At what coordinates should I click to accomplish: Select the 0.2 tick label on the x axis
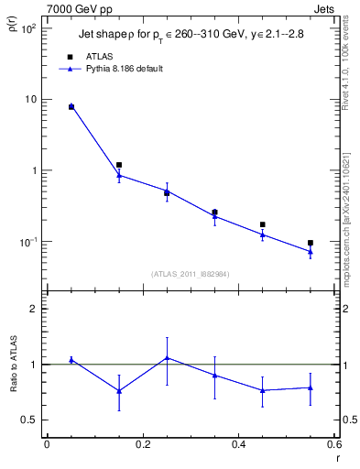pyautogui.click(x=143, y=444)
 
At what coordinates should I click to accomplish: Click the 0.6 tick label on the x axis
pyautogui.click(x=334, y=444)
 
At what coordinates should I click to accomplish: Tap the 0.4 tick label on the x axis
pyautogui.click(x=239, y=444)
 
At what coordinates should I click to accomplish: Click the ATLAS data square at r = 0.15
pyautogui.click(x=119, y=165)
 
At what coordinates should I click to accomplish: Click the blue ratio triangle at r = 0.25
pyautogui.click(x=167, y=358)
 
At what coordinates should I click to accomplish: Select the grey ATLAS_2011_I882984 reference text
pyautogui.click(x=191, y=273)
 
